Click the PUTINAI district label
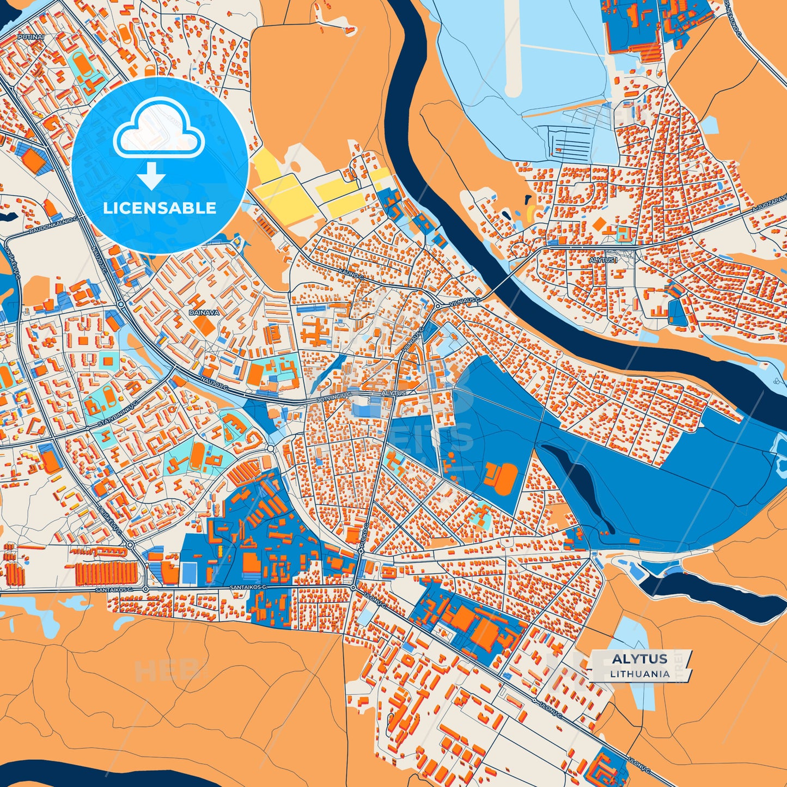(x=30, y=37)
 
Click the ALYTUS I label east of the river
(x=603, y=261)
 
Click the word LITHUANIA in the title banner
(x=639, y=674)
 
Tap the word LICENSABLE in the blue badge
(x=160, y=208)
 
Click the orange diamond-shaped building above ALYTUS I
(x=600, y=224)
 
